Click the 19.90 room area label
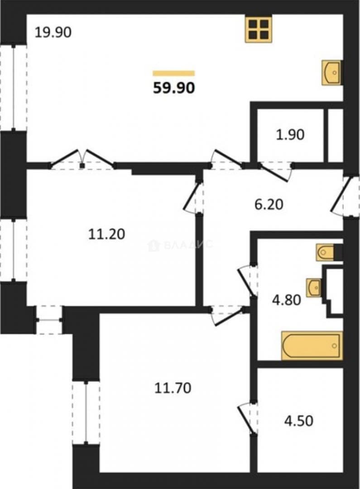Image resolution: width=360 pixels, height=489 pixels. click(x=53, y=32)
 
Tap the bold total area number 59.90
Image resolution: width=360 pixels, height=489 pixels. click(x=174, y=88)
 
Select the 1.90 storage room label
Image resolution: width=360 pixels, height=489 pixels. click(x=290, y=135)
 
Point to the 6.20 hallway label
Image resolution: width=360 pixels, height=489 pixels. click(x=269, y=205)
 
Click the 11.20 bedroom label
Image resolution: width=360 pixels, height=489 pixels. click(x=107, y=234)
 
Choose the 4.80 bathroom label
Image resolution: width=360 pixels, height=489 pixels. click(x=286, y=300)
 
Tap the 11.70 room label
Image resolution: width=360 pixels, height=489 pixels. click(x=173, y=388)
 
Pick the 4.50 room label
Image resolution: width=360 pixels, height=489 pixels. click(x=298, y=421)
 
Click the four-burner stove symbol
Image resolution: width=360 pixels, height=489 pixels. click(x=258, y=29)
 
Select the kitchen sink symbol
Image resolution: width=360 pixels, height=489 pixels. click(x=331, y=72)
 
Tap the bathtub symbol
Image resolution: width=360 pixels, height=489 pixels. click(x=312, y=345)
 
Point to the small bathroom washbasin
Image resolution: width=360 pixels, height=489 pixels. click(x=314, y=288)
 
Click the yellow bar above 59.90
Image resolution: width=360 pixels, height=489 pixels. click(x=174, y=73)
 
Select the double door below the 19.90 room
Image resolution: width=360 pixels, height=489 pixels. click(x=82, y=159)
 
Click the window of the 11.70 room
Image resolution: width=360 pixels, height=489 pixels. click(x=86, y=412)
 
